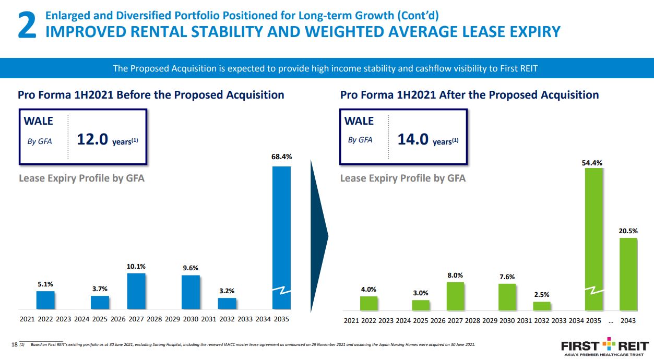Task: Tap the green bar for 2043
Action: pyautogui.click(x=628, y=273)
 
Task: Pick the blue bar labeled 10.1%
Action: pyautogui.click(x=136, y=291)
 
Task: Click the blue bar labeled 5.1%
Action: pyautogui.click(x=45, y=300)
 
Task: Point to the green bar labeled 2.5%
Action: pyautogui.click(x=542, y=306)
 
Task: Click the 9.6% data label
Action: pyautogui.click(x=191, y=268)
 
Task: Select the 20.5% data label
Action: pyautogui.click(x=628, y=231)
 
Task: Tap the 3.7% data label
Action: pyautogui.click(x=100, y=289)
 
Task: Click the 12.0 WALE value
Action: pyautogui.click(x=92, y=140)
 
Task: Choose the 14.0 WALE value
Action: pyautogui.click(x=413, y=140)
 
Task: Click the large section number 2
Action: pyautogui.click(x=26, y=26)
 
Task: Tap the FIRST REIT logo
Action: pyautogui.click(x=604, y=346)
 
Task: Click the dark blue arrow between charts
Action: pyautogui.click(x=319, y=237)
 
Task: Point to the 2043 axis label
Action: pyautogui.click(x=628, y=321)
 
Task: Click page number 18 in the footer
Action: pyautogui.click(x=14, y=344)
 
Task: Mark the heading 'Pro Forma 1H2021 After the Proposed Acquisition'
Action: pyautogui.click(x=469, y=95)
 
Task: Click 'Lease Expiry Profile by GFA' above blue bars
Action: pyautogui.click(x=81, y=178)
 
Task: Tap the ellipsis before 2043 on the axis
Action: pyautogui.click(x=611, y=321)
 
